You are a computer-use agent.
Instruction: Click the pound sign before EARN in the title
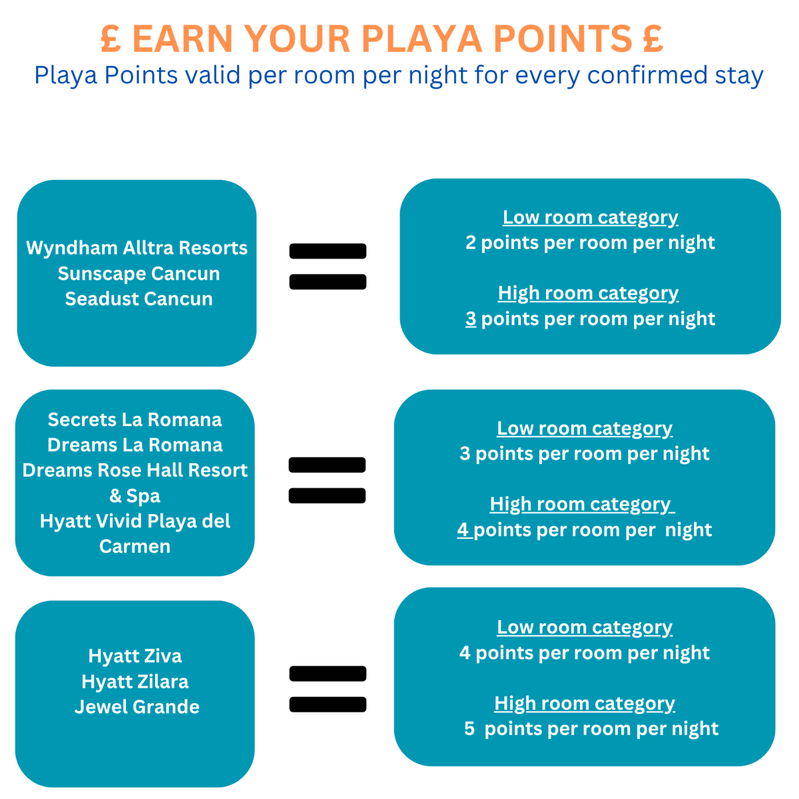(x=111, y=39)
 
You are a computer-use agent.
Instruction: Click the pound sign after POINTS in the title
(x=653, y=39)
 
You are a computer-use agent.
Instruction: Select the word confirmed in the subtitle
(x=647, y=75)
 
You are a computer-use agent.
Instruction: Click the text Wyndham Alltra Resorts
(x=136, y=248)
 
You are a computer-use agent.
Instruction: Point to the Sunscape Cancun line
(x=138, y=274)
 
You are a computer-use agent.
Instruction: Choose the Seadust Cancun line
(x=138, y=299)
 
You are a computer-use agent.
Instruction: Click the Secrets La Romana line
(x=134, y=419)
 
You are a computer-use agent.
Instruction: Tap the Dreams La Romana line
(x=134, y=445)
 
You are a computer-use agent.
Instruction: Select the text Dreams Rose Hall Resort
(x=134, y=470)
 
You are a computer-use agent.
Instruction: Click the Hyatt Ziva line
(x=134, y=657)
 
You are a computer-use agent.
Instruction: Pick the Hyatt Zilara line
(x=134, y=682)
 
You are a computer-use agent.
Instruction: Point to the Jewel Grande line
(x=137, y=707)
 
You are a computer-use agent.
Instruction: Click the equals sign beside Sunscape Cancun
(x=328, y=266)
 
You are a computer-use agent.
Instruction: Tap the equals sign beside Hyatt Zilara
(x=328, y=688)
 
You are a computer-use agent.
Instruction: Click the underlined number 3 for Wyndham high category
(x=471, y=318)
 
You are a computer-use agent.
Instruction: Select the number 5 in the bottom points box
(x=469, y=728)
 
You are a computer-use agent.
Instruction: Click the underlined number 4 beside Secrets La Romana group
(x=463, y=529)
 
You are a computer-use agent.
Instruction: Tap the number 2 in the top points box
(x=471, y=242)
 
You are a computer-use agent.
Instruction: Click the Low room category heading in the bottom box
(x=585, y=627)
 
